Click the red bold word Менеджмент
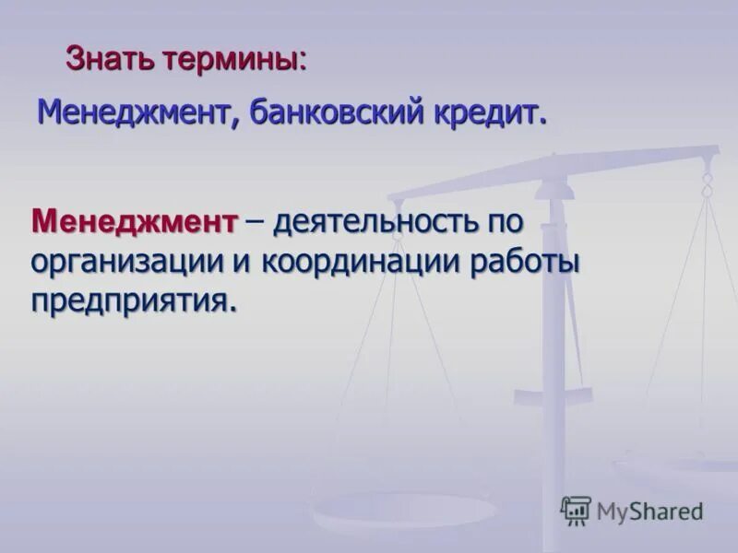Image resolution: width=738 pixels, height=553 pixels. (x=135, y=221)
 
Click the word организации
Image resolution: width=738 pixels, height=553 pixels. (x=127, y=263)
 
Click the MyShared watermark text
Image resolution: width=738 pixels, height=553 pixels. (x=649, y=510)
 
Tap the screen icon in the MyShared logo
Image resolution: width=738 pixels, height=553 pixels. (x=576, y=510)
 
